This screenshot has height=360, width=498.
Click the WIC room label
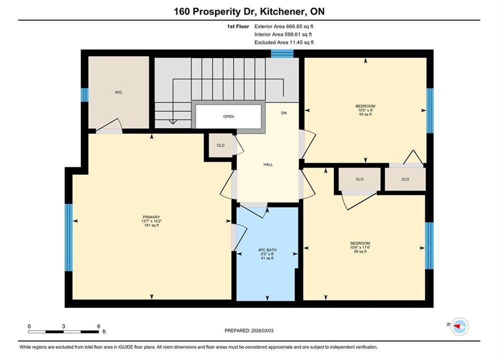pos(119,92)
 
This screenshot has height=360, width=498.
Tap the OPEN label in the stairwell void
pos(228,116)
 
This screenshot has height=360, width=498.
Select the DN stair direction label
pos(284,113)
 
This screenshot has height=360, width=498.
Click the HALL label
pos(268,164)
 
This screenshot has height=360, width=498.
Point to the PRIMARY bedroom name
pos(152,217)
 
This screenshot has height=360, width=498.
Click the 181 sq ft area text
pos(152,225)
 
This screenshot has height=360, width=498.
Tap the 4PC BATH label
pos(267,250)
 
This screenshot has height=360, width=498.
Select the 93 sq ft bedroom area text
pos(365,114)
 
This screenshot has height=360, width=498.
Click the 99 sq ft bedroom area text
pos(360,251)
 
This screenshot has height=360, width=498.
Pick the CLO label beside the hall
pos(220,145)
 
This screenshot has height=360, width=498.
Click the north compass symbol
pos(459,326)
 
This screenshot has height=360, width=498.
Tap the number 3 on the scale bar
pos(64,326)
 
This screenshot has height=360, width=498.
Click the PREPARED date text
pos(249,330)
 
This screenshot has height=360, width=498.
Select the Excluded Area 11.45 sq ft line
pos(284,42)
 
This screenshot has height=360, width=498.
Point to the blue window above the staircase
pos(282,53)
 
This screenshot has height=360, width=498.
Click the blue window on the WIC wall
pos(85,95)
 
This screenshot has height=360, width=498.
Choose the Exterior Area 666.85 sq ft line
pos(284,26)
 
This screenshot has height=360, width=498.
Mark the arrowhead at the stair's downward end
pos(173,122)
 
